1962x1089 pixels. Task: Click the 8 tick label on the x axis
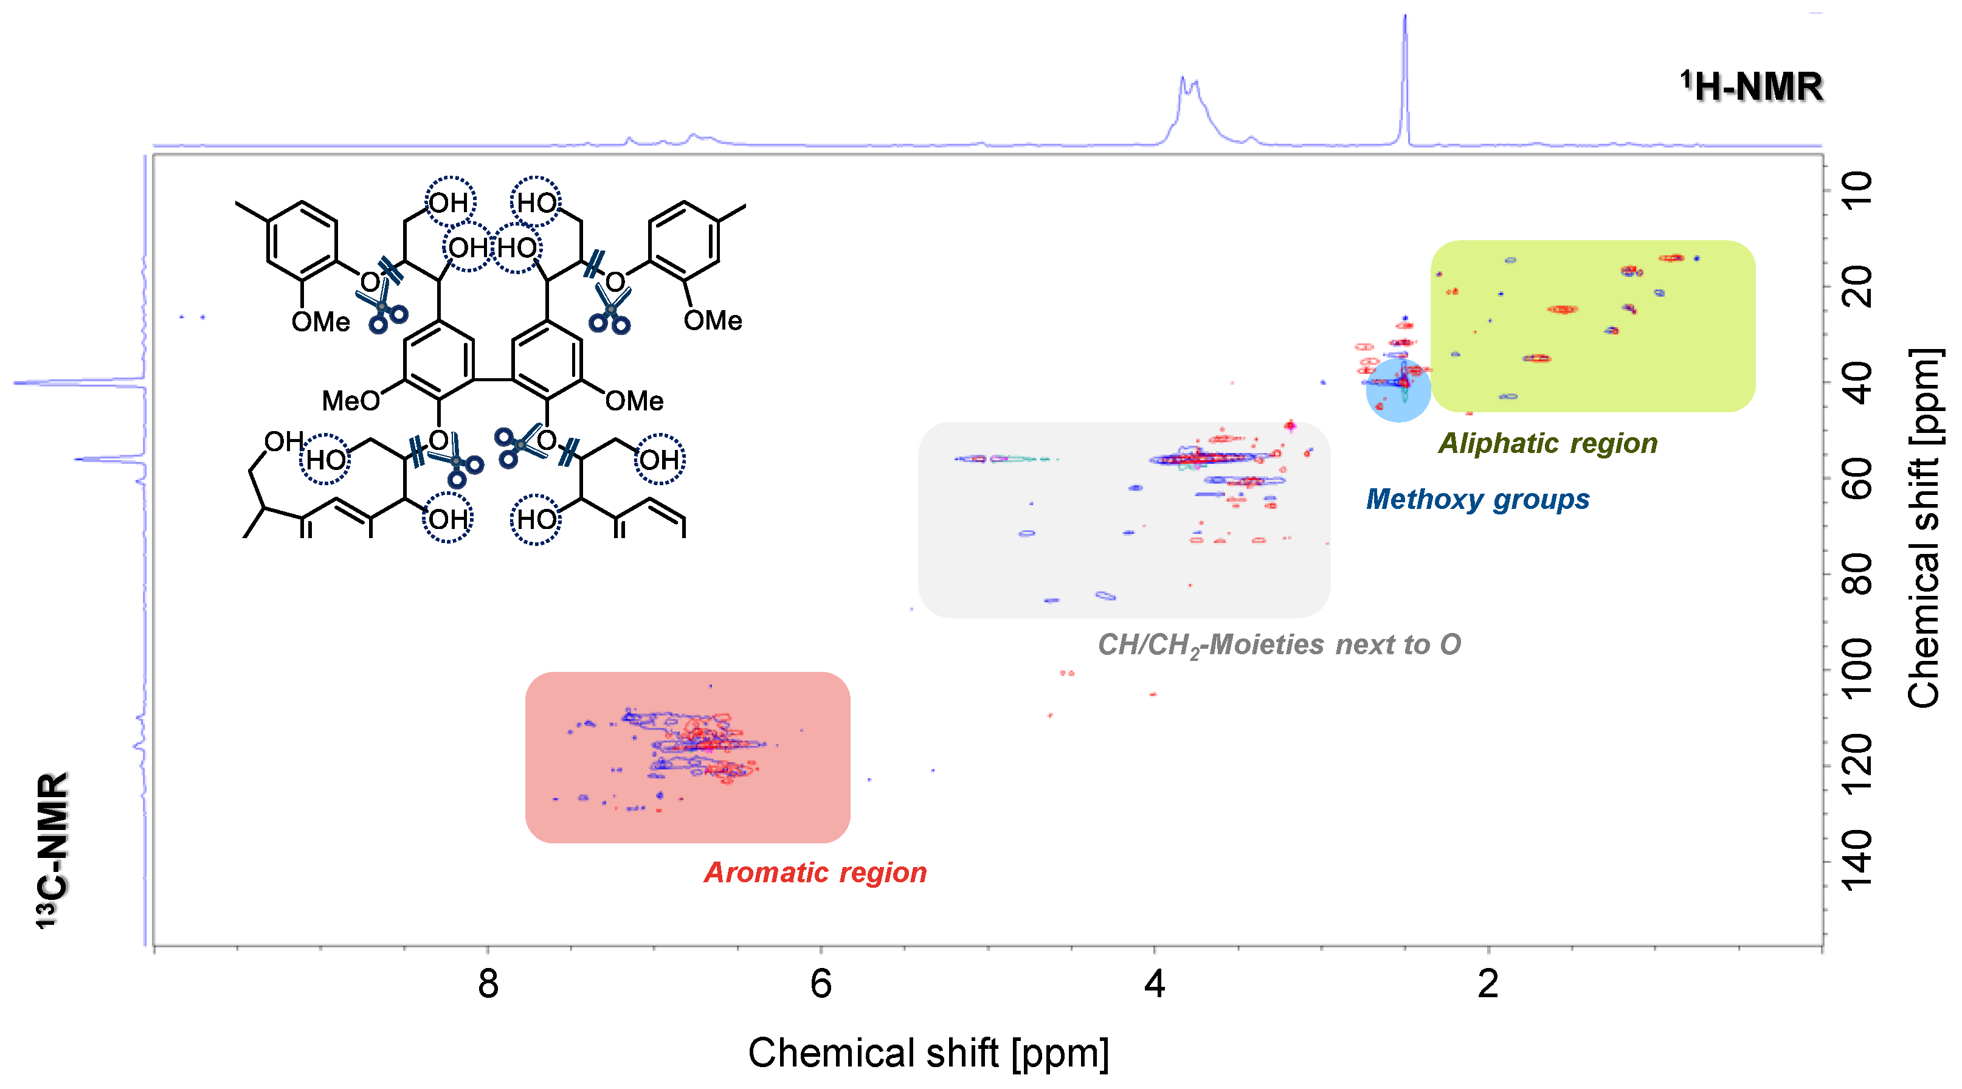click(x=488, y=984)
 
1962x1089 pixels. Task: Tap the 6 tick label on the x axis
click(x=821, y=984)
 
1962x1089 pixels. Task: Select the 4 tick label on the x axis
click(x=1155, y=984)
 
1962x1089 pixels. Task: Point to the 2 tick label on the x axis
click(x=1488, y=984)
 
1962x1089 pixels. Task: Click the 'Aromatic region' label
click(x=815, y=873)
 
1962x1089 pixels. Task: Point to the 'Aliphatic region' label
click(x=1548, y=443)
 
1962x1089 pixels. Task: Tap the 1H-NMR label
click(x=1752, y=87)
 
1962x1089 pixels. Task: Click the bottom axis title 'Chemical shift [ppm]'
click(x=928, y=1053)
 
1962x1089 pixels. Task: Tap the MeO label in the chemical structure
click(x=350, y=401)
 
